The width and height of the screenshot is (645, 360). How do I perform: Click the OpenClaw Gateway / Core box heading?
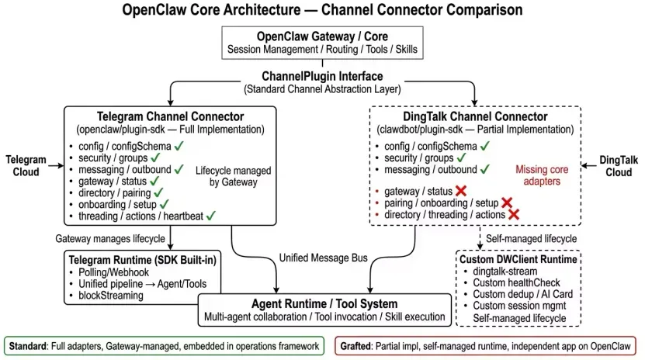coord(322,36)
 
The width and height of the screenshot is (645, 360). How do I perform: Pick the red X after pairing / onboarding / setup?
coord(507,202)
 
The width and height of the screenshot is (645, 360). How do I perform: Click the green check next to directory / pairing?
coord(159,191)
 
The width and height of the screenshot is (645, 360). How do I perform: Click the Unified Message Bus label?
coord(321,258)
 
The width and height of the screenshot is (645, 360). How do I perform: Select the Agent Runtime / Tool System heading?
coord(325,304)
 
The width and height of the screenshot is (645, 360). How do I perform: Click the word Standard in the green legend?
coord(31,344)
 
